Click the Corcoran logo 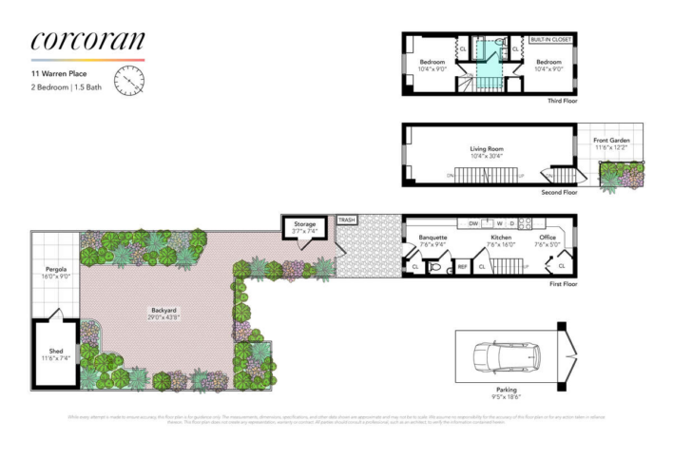(x=87, y=40)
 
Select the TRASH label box (x=347, y=220)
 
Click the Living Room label (x=485, y=149)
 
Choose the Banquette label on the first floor (x=432, y=237)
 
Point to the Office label (x=547, y=237)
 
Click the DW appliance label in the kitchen (x=471, y=224)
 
